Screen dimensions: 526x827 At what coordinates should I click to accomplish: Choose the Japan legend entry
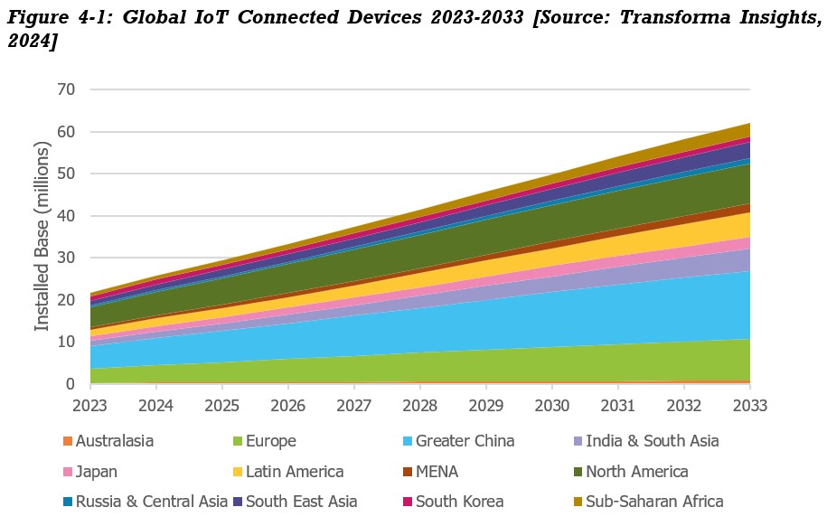[x=97, y=472]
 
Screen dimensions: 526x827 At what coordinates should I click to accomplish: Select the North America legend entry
[x=636, y=472]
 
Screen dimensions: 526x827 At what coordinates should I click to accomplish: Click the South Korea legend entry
[x=459, y=502]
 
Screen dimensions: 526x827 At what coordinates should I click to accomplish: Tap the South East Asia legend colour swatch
[x=238, y=502]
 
